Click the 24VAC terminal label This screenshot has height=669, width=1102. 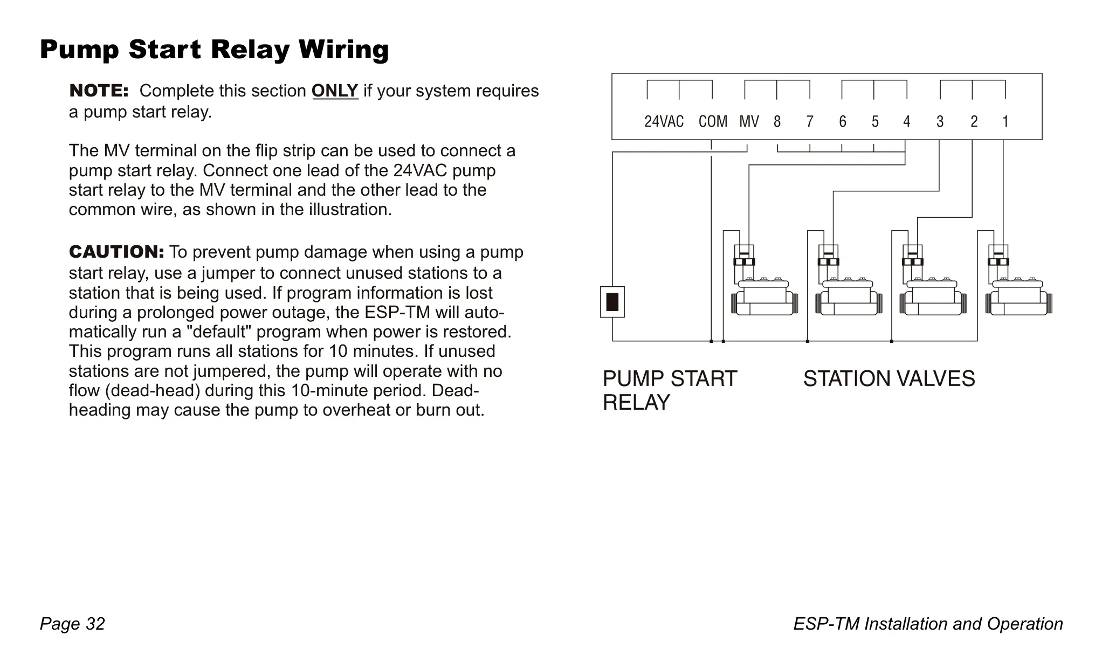(x=664, y=122)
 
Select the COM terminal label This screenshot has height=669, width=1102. (x=713, y=122)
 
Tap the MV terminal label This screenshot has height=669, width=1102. (x=749, y=122)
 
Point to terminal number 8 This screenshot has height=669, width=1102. (x=777, y=122)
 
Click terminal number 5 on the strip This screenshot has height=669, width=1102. (x=875, y=122)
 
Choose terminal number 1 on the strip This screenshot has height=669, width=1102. (x=1005, y=122)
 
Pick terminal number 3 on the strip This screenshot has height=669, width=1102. (x=940, y=122)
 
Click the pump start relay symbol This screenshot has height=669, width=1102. (x=612, y=302)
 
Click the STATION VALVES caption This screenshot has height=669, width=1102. (x=889, y=379)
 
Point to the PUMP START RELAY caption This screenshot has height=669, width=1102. (x=670, y=390)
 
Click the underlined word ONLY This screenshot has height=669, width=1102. (x=335, y=91)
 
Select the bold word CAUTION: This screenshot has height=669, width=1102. (x=116, y=252)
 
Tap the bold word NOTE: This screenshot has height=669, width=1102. (x=99, y=91)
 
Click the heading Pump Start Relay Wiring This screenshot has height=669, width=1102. (x=215, y=50)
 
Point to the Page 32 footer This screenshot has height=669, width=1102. (x=72, y=624)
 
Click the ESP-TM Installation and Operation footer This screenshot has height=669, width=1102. (x=928, y=624)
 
